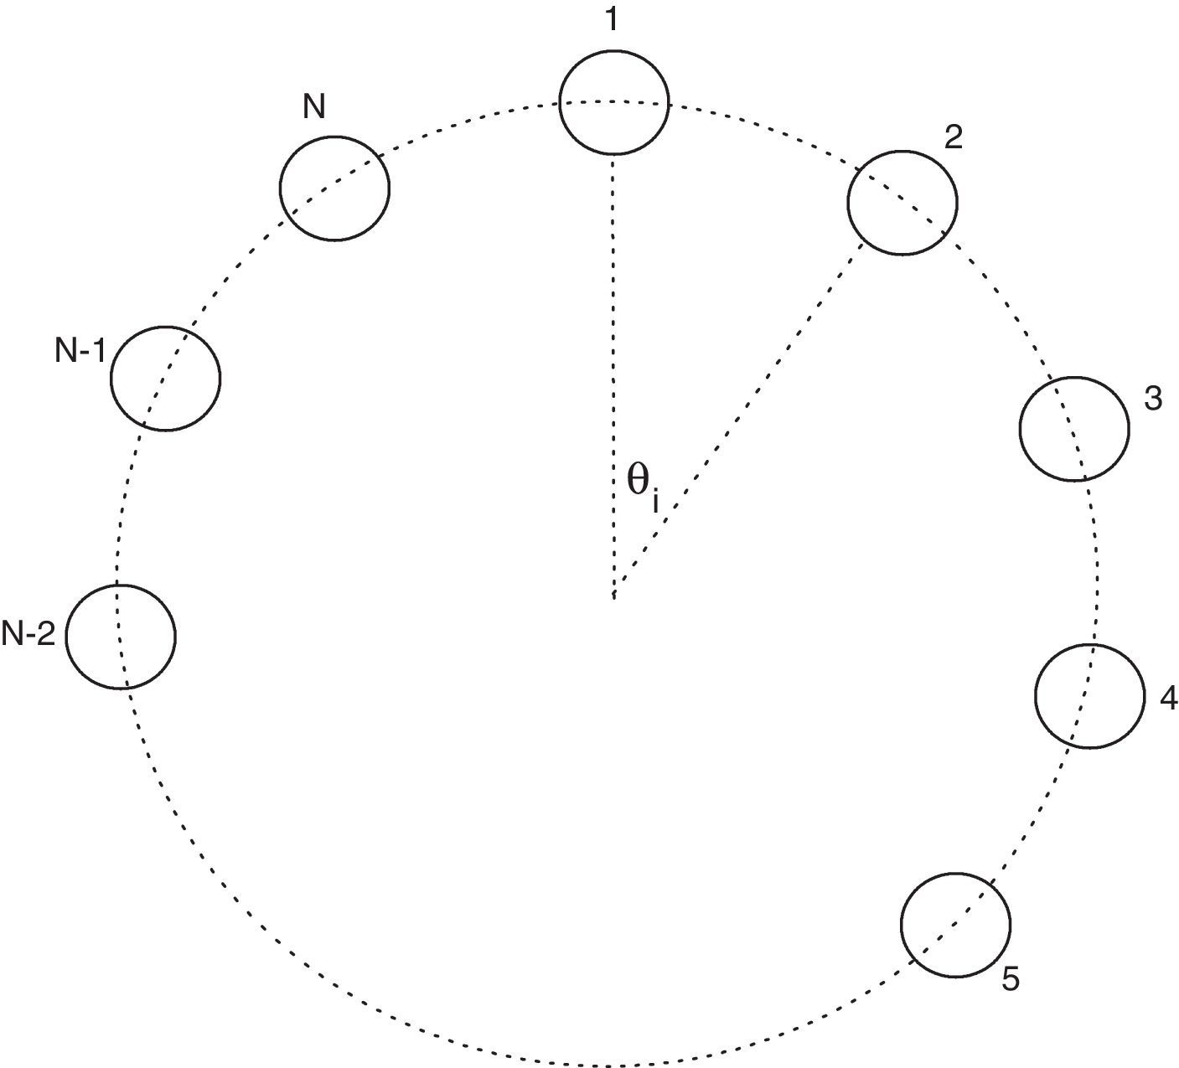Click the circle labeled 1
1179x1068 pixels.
613,101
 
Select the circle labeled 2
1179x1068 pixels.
902,202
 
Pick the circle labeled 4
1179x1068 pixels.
1090,694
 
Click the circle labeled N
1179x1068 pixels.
334,187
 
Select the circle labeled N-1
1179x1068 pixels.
166,378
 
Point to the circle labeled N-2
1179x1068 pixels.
121,636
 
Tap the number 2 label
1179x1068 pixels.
953,138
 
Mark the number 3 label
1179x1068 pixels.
1153,400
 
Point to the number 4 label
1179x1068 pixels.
1169,698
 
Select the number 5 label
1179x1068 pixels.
1011,979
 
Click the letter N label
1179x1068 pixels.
315,108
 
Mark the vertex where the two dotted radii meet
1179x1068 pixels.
614,596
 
